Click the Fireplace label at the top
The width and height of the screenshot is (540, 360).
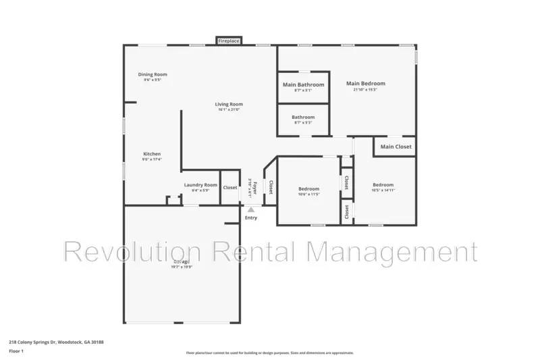coord(228,41)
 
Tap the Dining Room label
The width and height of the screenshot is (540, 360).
coord(153,74)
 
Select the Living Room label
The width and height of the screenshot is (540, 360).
coord(229,104)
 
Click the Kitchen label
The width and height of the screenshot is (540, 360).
coord(152,154)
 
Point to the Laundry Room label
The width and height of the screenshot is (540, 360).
coord(200,185)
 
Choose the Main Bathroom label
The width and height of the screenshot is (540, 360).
coord(303,84)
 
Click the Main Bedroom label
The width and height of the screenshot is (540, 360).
coord(371,84)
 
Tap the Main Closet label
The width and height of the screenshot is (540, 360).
coord(396,147)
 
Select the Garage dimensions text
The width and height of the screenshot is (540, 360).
coord(181,267)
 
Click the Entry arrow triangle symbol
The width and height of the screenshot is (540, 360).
coord(250,210)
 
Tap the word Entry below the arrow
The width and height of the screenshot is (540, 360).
coord(250,217)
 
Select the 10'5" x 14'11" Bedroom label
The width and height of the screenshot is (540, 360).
coord(383,185)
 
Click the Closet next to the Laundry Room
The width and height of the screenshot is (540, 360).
coord(230,187)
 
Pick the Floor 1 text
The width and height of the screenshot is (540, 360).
coord(16,352)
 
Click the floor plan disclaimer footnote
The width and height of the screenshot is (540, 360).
coord(269,353)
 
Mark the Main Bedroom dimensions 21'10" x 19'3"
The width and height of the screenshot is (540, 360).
coord(371,90)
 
